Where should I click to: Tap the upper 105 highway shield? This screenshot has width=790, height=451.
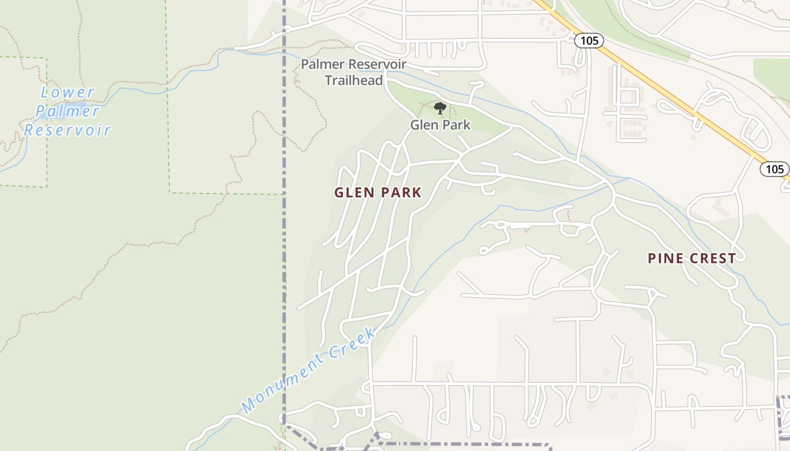coord(589,41)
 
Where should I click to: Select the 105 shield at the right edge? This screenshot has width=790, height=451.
coord(775,169)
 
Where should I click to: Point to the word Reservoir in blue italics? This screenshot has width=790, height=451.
coord(68,130)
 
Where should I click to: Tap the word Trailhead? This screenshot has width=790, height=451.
coord(353,80)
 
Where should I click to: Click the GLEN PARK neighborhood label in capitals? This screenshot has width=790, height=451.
coord(378,192)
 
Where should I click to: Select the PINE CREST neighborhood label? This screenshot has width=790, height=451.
coord(691,258)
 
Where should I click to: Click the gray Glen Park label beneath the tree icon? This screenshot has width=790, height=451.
coord(440,125)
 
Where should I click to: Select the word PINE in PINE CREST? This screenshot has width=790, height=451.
coord(665,258)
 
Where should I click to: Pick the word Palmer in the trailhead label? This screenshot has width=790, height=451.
coord(321,64)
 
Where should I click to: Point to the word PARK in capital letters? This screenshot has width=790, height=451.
coord(401,192)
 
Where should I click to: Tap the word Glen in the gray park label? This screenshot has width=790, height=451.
coord(422,125)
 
